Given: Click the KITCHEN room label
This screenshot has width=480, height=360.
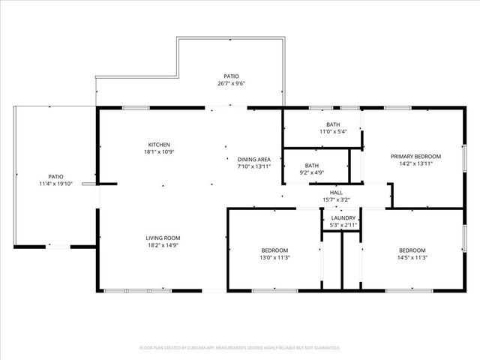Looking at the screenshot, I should click(x=159, y=145).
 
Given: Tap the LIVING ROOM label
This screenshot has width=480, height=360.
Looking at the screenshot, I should click(x=163, y=238).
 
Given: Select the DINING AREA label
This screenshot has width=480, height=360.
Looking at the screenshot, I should click(x=253, y=160).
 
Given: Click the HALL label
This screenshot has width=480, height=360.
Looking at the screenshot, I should click(x=336, y=193).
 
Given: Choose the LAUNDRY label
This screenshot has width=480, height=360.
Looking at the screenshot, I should click(x=343, y=218).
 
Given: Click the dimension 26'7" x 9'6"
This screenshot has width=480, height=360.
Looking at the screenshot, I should click(x=231, y=84).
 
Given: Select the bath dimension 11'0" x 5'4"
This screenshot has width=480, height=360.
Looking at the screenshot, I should click(x=332, y=131).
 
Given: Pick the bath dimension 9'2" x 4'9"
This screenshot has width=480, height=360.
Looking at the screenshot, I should click(x=312, y=172).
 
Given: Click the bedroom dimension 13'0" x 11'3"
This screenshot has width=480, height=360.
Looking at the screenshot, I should click(x=274, y=257).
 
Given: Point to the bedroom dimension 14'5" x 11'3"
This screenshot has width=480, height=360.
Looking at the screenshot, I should click(x=412, y=257).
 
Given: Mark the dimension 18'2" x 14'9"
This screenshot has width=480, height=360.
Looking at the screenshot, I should click(x=163, y=244).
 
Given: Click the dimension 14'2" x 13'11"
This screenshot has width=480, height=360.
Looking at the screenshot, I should click(x=415, y=163).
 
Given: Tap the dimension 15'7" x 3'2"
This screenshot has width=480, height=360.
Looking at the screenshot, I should click(x=336, y=199).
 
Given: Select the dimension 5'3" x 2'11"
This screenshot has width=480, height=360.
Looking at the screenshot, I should click(x=343, y=225).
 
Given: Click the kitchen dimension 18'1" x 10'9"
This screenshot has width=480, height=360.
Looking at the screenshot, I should click(x=159, y=151).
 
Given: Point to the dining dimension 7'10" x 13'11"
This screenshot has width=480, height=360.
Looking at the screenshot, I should click(x=253, y=166).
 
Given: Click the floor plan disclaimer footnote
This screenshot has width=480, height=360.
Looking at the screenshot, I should click(x=240, y=348).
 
